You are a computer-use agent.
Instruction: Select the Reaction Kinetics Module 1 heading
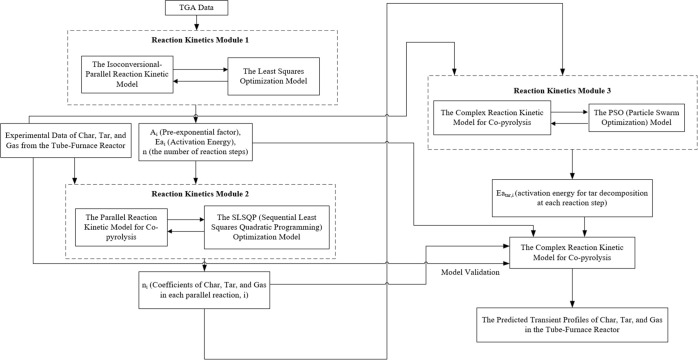(x=199, y=40)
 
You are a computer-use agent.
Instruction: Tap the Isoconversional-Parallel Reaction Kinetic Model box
(x=127, y=74)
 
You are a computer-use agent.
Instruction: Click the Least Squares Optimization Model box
(x=273, y=76)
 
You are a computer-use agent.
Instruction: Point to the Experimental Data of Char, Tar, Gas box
(x=66, y=140)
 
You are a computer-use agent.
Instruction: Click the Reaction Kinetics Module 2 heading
(x=199, y=194)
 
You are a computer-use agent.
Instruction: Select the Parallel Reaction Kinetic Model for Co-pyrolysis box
(x=121, y=227)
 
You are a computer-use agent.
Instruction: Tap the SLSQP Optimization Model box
(x=267, y=227)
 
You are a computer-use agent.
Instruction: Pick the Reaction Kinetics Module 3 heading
(x=562, y=91)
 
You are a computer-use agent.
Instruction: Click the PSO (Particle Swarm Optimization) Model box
(x=637, y=117)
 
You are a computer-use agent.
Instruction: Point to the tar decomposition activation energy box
(x=572, y=198)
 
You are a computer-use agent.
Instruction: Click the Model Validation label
(x=470, y=273)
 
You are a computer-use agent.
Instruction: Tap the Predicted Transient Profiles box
(x=572, y=324)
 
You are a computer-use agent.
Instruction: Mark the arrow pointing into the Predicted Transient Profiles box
(x=572, y=287)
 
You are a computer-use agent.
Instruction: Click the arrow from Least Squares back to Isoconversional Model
(x=200, y=81)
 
